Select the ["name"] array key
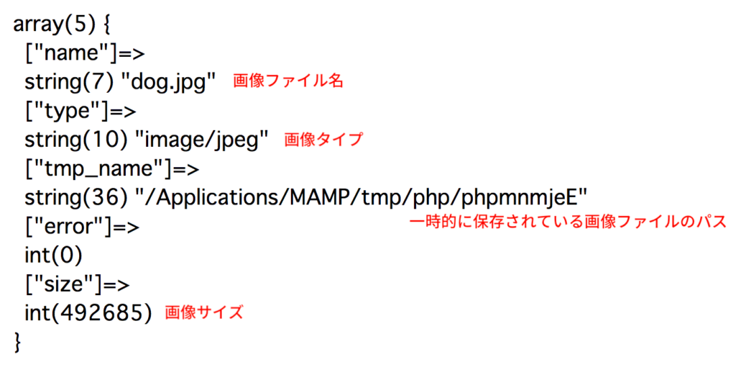pos(71,53)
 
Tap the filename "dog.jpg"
pos(168,83)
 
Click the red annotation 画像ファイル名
pos(288,81)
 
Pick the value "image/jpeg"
pos(201,140)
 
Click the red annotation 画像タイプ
pos(323,139)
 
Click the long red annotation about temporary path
pos(568,222)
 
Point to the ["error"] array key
pos(68,227)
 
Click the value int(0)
pos(53,256)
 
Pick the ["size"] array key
pos(63,285)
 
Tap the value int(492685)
pos(88,313)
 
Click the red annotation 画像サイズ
pos(204,312)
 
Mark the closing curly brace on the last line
pos(18,342)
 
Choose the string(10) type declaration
pos(76,140)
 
